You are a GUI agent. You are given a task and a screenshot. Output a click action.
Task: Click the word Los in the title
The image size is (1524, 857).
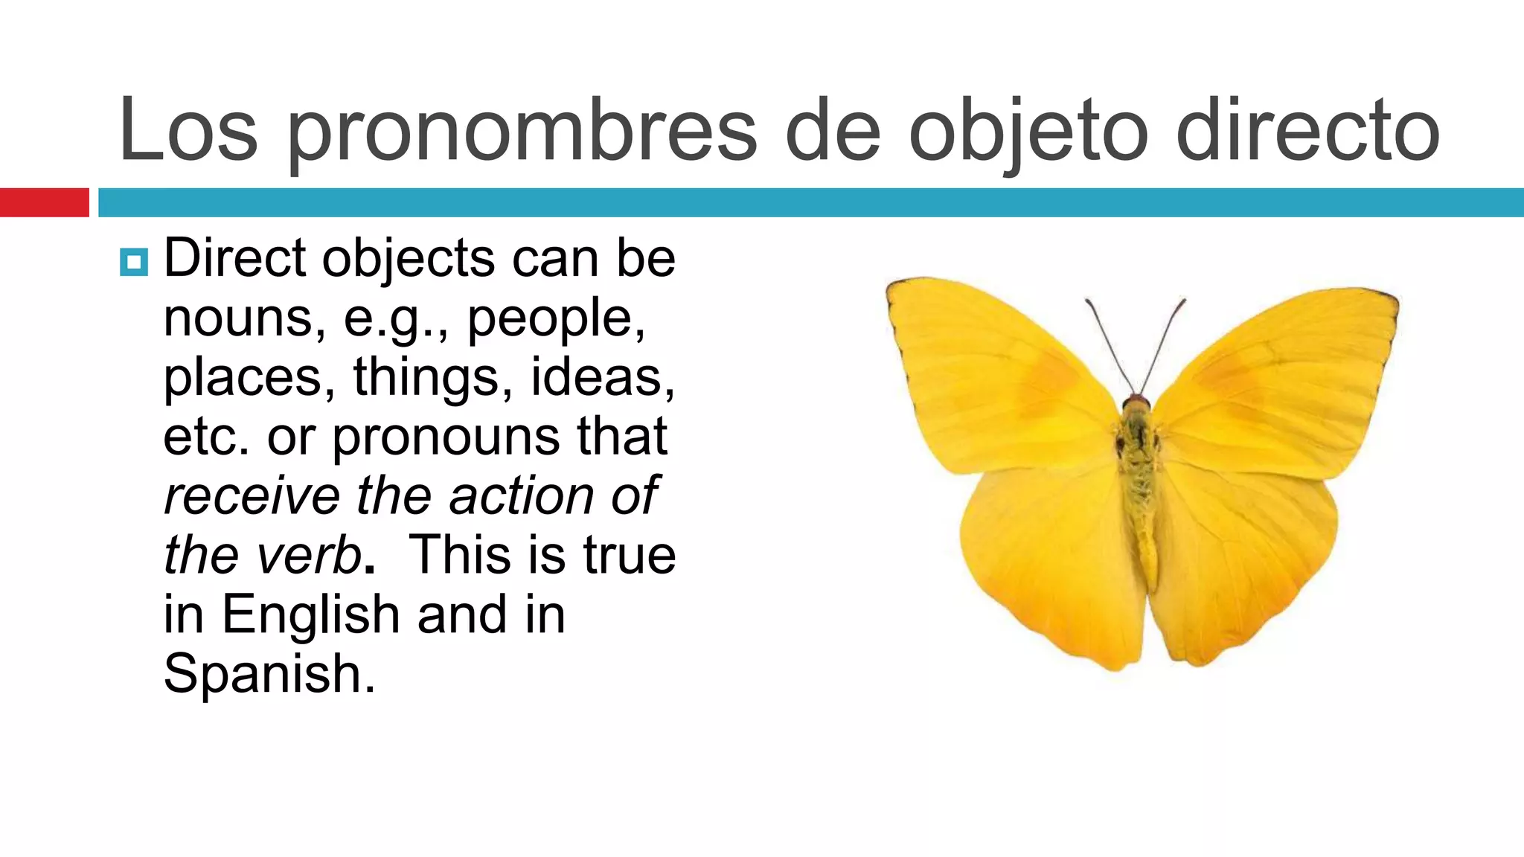(x=188, y=131)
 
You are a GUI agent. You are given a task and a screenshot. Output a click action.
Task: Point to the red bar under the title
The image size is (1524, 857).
(x=44, y=202)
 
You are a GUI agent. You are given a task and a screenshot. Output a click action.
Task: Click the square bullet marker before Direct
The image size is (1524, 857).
(x=134, y=262)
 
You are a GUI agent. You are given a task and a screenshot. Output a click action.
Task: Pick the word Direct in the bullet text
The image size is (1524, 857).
(x=234, y=259)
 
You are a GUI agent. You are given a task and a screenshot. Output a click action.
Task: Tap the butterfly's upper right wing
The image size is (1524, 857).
(x=1280, y=379)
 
